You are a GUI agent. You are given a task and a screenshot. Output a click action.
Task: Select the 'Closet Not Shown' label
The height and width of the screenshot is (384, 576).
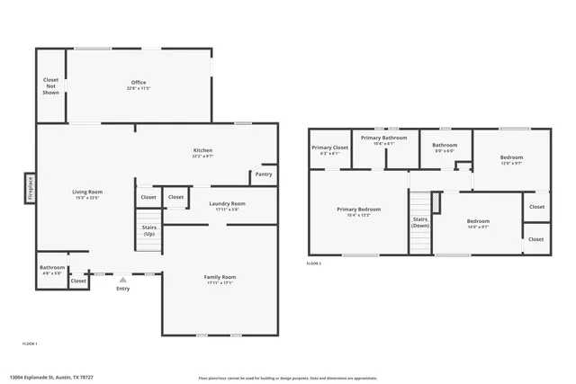click(x=51, y=86)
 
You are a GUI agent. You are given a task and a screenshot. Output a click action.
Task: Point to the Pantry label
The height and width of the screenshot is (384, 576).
click(x=264, y=174)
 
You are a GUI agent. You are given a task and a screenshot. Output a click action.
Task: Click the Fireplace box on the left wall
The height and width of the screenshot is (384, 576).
click(x=30, y=189)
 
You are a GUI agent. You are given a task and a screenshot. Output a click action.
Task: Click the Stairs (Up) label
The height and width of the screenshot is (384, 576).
click(x=148, y=230)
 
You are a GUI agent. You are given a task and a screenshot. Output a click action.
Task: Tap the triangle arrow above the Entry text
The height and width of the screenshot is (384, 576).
click(x=122, y=280)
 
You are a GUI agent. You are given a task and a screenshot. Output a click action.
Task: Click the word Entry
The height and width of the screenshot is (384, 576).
click(x=122, y=289)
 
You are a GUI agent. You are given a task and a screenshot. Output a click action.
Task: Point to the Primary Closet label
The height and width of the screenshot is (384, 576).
click(x=329, y=149)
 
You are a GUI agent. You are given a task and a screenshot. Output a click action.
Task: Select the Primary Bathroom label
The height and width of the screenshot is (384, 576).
click(x=384, y=139)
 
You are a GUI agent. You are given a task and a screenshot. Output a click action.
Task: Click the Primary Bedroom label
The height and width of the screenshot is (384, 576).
click(x=359, y=211)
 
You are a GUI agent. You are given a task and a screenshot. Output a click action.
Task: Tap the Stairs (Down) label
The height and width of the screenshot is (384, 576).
click(x=420, y=221)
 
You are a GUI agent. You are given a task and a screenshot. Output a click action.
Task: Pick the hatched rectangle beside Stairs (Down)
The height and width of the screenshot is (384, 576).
click(x=436, y=202)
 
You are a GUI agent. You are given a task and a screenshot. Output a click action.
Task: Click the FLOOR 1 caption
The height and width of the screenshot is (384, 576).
click(x=30, y=344)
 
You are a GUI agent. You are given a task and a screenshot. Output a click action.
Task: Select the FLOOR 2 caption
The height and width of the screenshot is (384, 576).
click(x=313, y=263)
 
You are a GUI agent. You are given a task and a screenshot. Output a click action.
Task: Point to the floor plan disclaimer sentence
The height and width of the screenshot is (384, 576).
click(x=287, y=377)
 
